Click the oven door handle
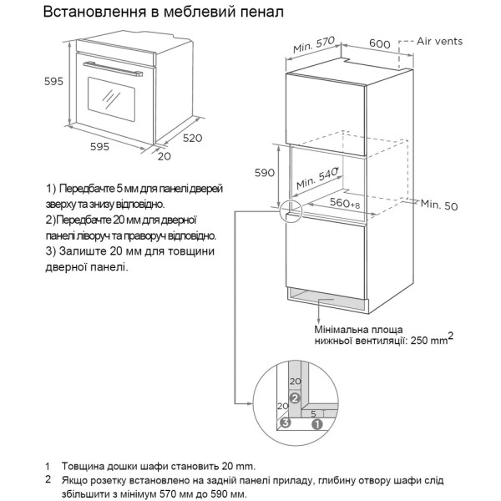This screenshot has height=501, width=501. [113, 69]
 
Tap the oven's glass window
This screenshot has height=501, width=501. [111, 99]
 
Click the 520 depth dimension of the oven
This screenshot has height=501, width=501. [192, 138]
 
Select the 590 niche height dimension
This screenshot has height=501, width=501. [264, 173]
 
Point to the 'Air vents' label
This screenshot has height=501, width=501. [439, 41]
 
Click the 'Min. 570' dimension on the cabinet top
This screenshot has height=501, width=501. [314, 45]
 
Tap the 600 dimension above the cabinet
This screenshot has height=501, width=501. [380, 43]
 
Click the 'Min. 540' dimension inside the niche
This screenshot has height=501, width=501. [317, 179]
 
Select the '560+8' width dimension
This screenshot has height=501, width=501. [345, 203]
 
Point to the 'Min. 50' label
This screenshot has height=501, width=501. [439, 205]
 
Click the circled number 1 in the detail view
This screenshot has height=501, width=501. [317, 425]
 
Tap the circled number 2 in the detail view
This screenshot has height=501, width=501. [295, 398]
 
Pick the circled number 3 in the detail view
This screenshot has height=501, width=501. [286, 423]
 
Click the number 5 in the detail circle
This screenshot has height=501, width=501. [313, 414]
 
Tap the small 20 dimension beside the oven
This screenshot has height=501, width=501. [164, 156]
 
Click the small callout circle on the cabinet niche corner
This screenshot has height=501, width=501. [291, 210]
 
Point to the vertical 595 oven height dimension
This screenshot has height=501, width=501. [53, 82]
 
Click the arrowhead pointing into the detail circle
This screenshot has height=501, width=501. [250, 403]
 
